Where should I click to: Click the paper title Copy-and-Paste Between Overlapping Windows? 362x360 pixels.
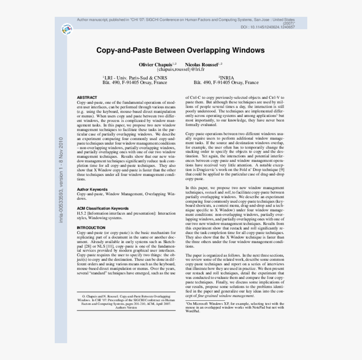(x=181, y=50)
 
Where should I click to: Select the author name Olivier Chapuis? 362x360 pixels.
(x=155, y=64)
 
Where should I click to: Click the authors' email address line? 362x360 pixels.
(x=181, y=69)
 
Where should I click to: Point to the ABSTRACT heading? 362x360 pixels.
(x=87, y=98)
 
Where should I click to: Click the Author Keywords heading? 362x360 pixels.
(x=92, y=190)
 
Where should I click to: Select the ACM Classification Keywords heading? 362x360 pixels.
(x=103, y=208)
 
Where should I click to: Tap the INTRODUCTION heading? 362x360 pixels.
(x=91, y=228)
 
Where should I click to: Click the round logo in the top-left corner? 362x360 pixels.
(x=67, y=29)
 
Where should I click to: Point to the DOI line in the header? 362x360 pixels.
(x=268, y=27)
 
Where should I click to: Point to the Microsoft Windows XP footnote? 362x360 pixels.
(x=234, y=307)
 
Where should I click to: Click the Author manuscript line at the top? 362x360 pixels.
(x=185, y=20)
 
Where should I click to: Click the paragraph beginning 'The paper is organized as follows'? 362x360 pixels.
(x=234, y=275)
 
